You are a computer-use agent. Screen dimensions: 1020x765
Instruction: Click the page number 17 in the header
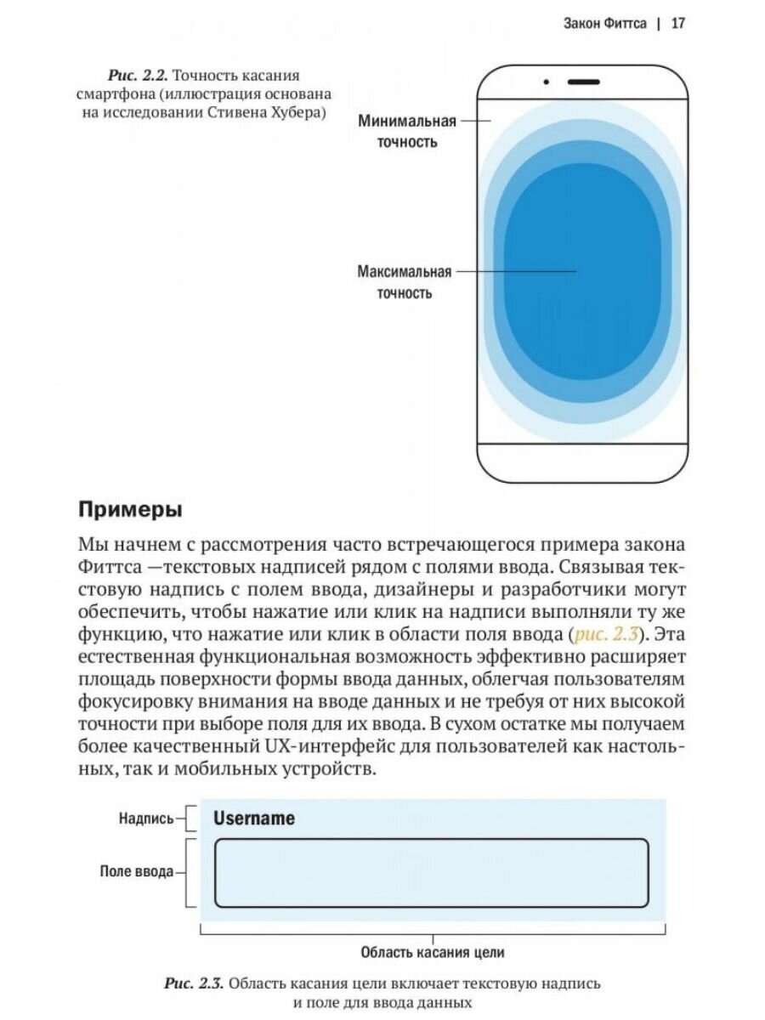coord(677,23)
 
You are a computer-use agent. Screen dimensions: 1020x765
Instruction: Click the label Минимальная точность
coord(407,131)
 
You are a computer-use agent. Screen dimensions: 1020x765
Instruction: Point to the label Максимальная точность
coord(404,282)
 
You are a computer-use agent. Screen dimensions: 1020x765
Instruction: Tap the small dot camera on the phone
coord(547,82)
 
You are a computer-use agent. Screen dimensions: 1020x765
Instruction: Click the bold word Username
coord(254,819)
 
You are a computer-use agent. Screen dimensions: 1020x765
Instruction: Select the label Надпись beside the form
coord(146,819)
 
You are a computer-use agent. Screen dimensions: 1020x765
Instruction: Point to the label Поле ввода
coord(137,871)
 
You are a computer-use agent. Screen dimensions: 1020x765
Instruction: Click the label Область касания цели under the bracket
coord(433,952)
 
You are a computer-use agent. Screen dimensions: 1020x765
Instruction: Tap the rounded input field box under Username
coord(432,873)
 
